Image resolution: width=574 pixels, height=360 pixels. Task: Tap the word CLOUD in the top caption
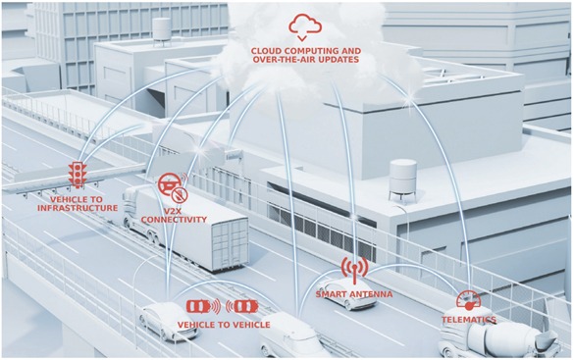coord(270,50)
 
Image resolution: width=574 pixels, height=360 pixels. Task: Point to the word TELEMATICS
coord(468,320)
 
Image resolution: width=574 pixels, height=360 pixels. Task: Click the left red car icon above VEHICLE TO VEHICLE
coord(200,307)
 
